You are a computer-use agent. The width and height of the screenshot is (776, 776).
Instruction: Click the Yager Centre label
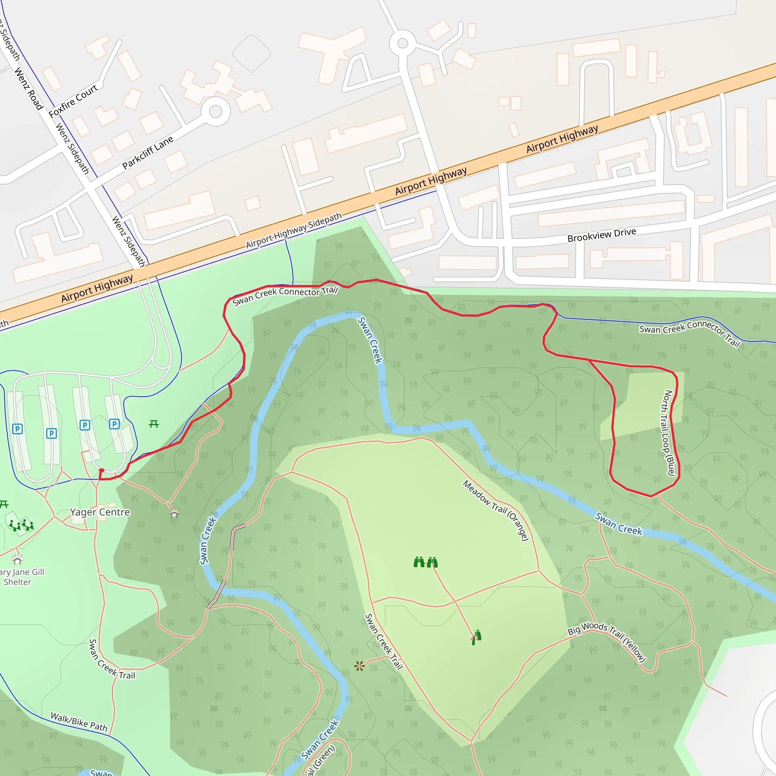coord(100,512)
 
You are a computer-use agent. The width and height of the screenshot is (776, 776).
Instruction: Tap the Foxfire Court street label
coord(73,100)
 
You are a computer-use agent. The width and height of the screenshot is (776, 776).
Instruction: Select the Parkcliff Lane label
coord(148,152)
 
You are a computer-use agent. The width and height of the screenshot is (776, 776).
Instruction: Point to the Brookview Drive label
coord(601,235)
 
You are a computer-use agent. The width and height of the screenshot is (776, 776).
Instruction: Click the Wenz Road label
coord(28,89)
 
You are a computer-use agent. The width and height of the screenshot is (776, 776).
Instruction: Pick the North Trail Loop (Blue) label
coord(668,433)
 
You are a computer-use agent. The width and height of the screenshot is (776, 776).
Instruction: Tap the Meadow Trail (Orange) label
coord(495,510)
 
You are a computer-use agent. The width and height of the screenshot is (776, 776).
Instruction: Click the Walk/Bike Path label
coord(79,722)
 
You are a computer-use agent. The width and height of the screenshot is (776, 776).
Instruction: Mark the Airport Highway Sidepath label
coord(294,230)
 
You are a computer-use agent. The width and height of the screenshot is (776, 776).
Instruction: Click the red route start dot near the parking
coord(102,470)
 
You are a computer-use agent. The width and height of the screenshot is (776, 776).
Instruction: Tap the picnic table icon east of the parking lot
coord(154,424)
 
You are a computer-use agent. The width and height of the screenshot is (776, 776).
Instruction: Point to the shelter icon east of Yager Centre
coord(174,513)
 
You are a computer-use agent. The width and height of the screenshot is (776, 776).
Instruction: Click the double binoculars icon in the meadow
coord(426,562)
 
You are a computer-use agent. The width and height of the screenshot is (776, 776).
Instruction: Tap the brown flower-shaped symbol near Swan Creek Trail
coord(360,666)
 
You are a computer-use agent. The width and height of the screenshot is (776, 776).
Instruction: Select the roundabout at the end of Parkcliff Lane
coord(216,111)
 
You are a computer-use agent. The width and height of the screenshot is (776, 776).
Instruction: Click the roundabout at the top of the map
coord(402,43)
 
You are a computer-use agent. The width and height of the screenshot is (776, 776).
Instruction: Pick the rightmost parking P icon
coord(114,424)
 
